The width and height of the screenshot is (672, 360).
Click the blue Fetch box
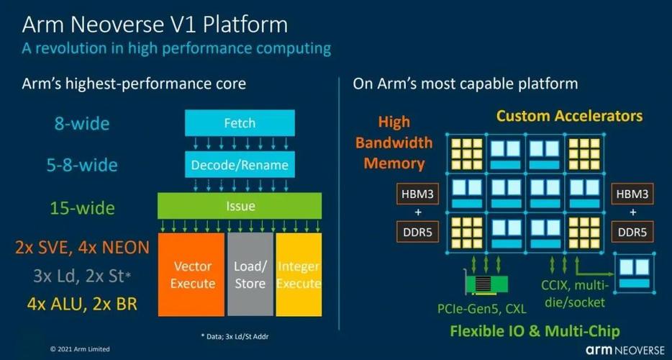pos(240,122)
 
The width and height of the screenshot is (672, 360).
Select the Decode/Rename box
pos(240,165)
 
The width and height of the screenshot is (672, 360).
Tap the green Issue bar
pos(240,206)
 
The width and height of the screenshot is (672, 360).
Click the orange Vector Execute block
pos(193,274)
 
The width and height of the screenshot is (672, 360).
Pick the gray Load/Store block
pos(250,274)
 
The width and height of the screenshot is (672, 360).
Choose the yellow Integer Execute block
pos(298,274)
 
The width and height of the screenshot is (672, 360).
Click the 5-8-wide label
pos(81,165)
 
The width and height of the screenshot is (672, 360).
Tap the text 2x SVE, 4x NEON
pos(82,248)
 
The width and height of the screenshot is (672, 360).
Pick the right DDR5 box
pos(633,233)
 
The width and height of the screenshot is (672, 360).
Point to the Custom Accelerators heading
pos(569,115)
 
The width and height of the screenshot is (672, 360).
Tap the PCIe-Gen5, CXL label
pos(482,309)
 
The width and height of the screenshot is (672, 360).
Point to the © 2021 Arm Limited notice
pos(80,349)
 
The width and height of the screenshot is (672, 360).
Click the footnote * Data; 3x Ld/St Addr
pos(239,336)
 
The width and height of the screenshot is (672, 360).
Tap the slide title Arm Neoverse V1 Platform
pos(155,24)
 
